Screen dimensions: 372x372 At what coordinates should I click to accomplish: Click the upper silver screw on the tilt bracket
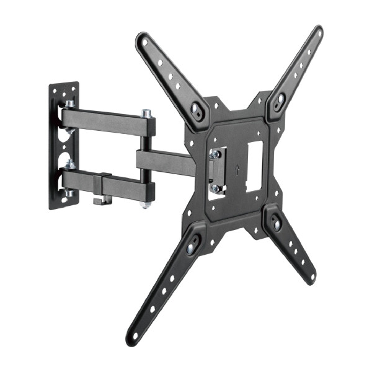pos(215,153)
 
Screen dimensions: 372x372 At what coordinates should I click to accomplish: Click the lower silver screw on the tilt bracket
pos(215,187)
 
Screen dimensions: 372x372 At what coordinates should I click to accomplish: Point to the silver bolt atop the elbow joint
pos(146,114)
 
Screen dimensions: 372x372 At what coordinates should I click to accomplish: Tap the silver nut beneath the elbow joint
pos(146,203)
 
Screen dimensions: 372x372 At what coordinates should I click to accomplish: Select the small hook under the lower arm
pos(99,200)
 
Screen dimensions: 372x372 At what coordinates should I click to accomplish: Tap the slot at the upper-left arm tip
pos(146,43)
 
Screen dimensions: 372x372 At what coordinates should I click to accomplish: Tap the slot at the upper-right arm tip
pos(314,37)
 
